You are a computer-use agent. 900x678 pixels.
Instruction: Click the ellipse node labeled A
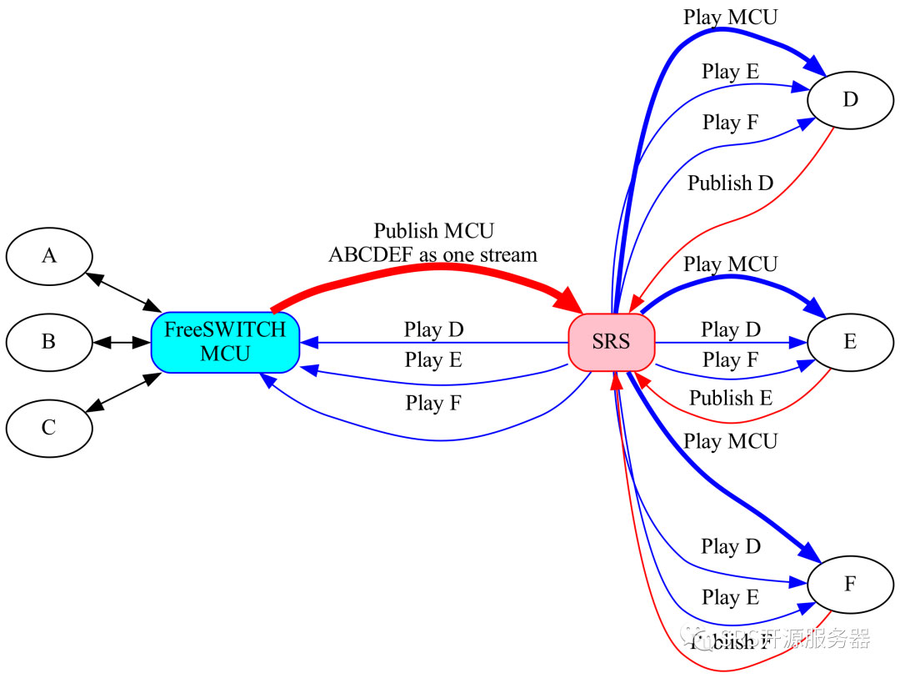(x=49, y=256)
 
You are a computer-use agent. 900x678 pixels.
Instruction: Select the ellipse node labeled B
(x=49, y=342)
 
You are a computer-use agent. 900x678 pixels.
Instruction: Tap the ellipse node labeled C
(x=49, y=428)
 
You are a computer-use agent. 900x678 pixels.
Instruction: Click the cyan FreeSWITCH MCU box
(x=225, y=342)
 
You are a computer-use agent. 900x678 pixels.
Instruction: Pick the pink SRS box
(x=612, y=342)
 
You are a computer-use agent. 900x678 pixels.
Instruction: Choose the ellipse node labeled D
(x=850, y=100)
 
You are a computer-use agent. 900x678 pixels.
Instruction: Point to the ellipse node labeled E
(x=850, y=342)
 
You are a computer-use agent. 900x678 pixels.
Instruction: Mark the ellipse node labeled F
(x=850, y=584)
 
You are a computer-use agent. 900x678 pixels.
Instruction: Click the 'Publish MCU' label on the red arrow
(x=433, y=231)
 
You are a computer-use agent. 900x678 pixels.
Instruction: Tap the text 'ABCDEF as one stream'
(x=433, y=254)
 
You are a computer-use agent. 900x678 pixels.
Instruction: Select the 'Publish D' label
(x=731, y=183)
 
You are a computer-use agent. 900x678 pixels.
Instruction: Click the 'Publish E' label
(x=731, y=398)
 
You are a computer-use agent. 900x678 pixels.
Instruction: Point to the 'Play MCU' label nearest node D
(x=731, y=17)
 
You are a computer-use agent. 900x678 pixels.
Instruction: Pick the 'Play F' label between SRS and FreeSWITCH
(x=433, y=404)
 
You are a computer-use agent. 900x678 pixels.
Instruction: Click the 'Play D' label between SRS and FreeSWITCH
(x=433, y=329)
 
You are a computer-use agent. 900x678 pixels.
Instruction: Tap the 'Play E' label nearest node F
(x=731, y=597)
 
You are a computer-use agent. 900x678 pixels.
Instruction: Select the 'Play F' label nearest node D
(x=731, y=123)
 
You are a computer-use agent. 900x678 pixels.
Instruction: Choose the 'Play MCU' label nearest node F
(x=731, y=441)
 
